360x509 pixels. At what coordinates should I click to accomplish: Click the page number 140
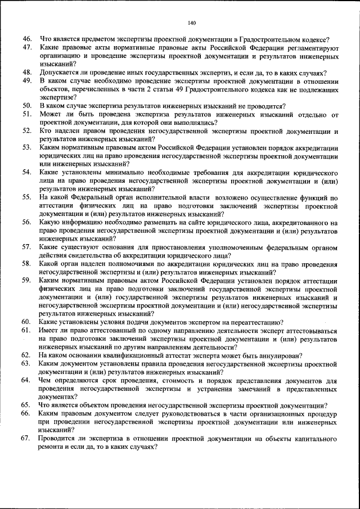191,23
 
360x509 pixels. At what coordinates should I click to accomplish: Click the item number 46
26,39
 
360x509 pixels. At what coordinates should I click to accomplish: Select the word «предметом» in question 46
100,39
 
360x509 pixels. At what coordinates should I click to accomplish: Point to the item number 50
26,106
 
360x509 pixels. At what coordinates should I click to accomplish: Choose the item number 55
26,197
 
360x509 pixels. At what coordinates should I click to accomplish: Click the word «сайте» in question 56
184,222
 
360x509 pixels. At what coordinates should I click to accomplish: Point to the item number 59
26,280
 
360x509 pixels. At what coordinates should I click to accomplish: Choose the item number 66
26,413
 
